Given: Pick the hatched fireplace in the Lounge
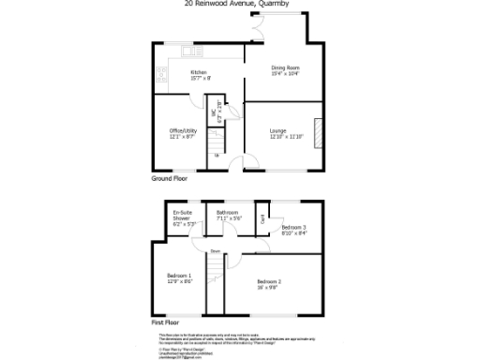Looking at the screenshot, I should (317, 132).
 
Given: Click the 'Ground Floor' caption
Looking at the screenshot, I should (170, 177).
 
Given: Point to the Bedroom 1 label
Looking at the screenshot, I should (179, 278).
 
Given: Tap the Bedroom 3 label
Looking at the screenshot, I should (294, 230).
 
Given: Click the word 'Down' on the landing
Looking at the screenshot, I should (216, 251).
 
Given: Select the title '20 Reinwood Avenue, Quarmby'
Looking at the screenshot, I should (240, 4).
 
